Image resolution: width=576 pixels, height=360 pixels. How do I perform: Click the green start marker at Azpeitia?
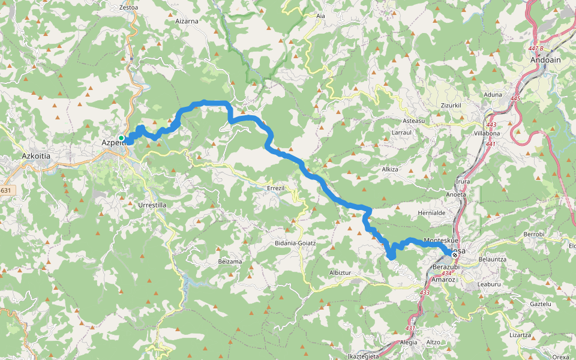click(x=121, y=138)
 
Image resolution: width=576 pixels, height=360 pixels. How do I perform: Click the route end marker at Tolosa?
click(x=455, y=254)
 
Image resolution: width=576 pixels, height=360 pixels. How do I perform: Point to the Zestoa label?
click(x=128, y=8)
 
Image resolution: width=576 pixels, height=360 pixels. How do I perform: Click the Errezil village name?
click(x=278, y=188)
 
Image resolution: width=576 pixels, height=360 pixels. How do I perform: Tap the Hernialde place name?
click(x=431, y=213)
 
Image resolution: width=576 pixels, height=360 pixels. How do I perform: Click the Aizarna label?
click(x=187, y=20)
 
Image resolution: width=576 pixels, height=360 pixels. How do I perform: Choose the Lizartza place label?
click(x=521, y=335)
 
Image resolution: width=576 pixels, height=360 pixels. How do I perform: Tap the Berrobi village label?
click(x=533, y=233)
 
